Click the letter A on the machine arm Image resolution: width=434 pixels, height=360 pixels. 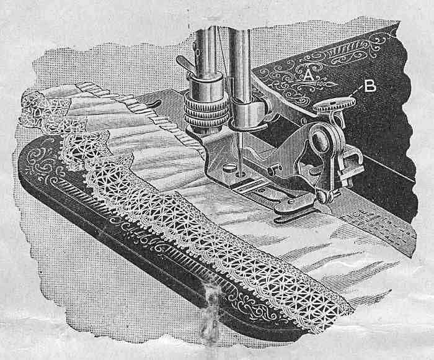click(x=308, y=76)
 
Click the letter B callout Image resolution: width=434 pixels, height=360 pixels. click(x=370, y=86)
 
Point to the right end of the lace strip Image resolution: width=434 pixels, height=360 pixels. click(x=338, y=310)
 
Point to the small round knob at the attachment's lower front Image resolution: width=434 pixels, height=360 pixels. click(x=322, y=198)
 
